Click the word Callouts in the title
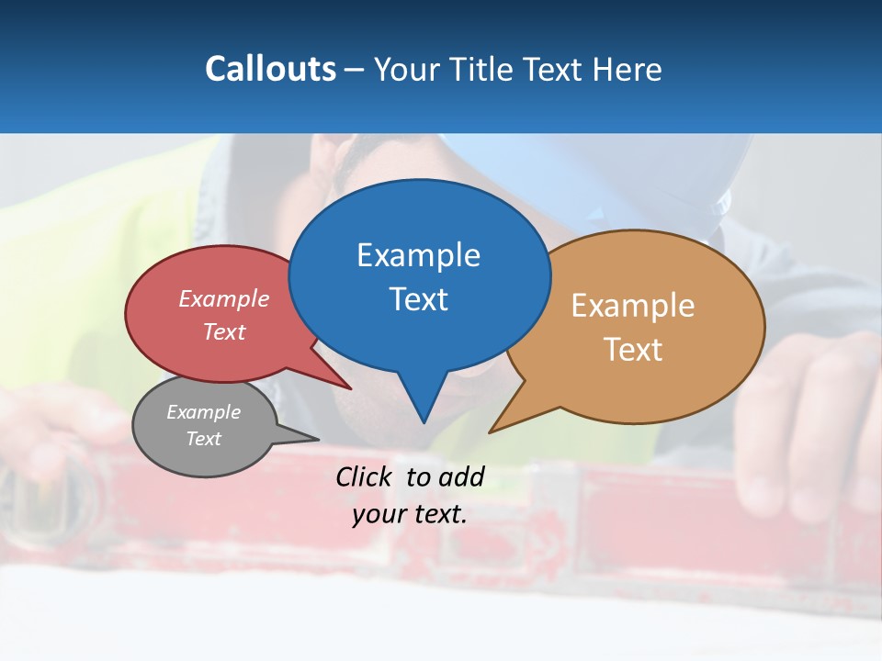coord(270,69)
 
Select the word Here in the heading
coord(628,69)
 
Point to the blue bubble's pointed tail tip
coord(424,422)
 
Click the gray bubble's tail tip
coord(318,439)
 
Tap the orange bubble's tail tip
coord(490,431)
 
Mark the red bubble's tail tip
coord(351,388)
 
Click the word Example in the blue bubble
coord(418,254)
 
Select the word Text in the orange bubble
coord(632,350)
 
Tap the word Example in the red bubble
coord(224,298)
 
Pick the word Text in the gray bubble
coord(204,439)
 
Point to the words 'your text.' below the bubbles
coord(410,514)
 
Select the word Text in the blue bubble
coord(418,299)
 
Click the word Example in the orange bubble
coord(632,306)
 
